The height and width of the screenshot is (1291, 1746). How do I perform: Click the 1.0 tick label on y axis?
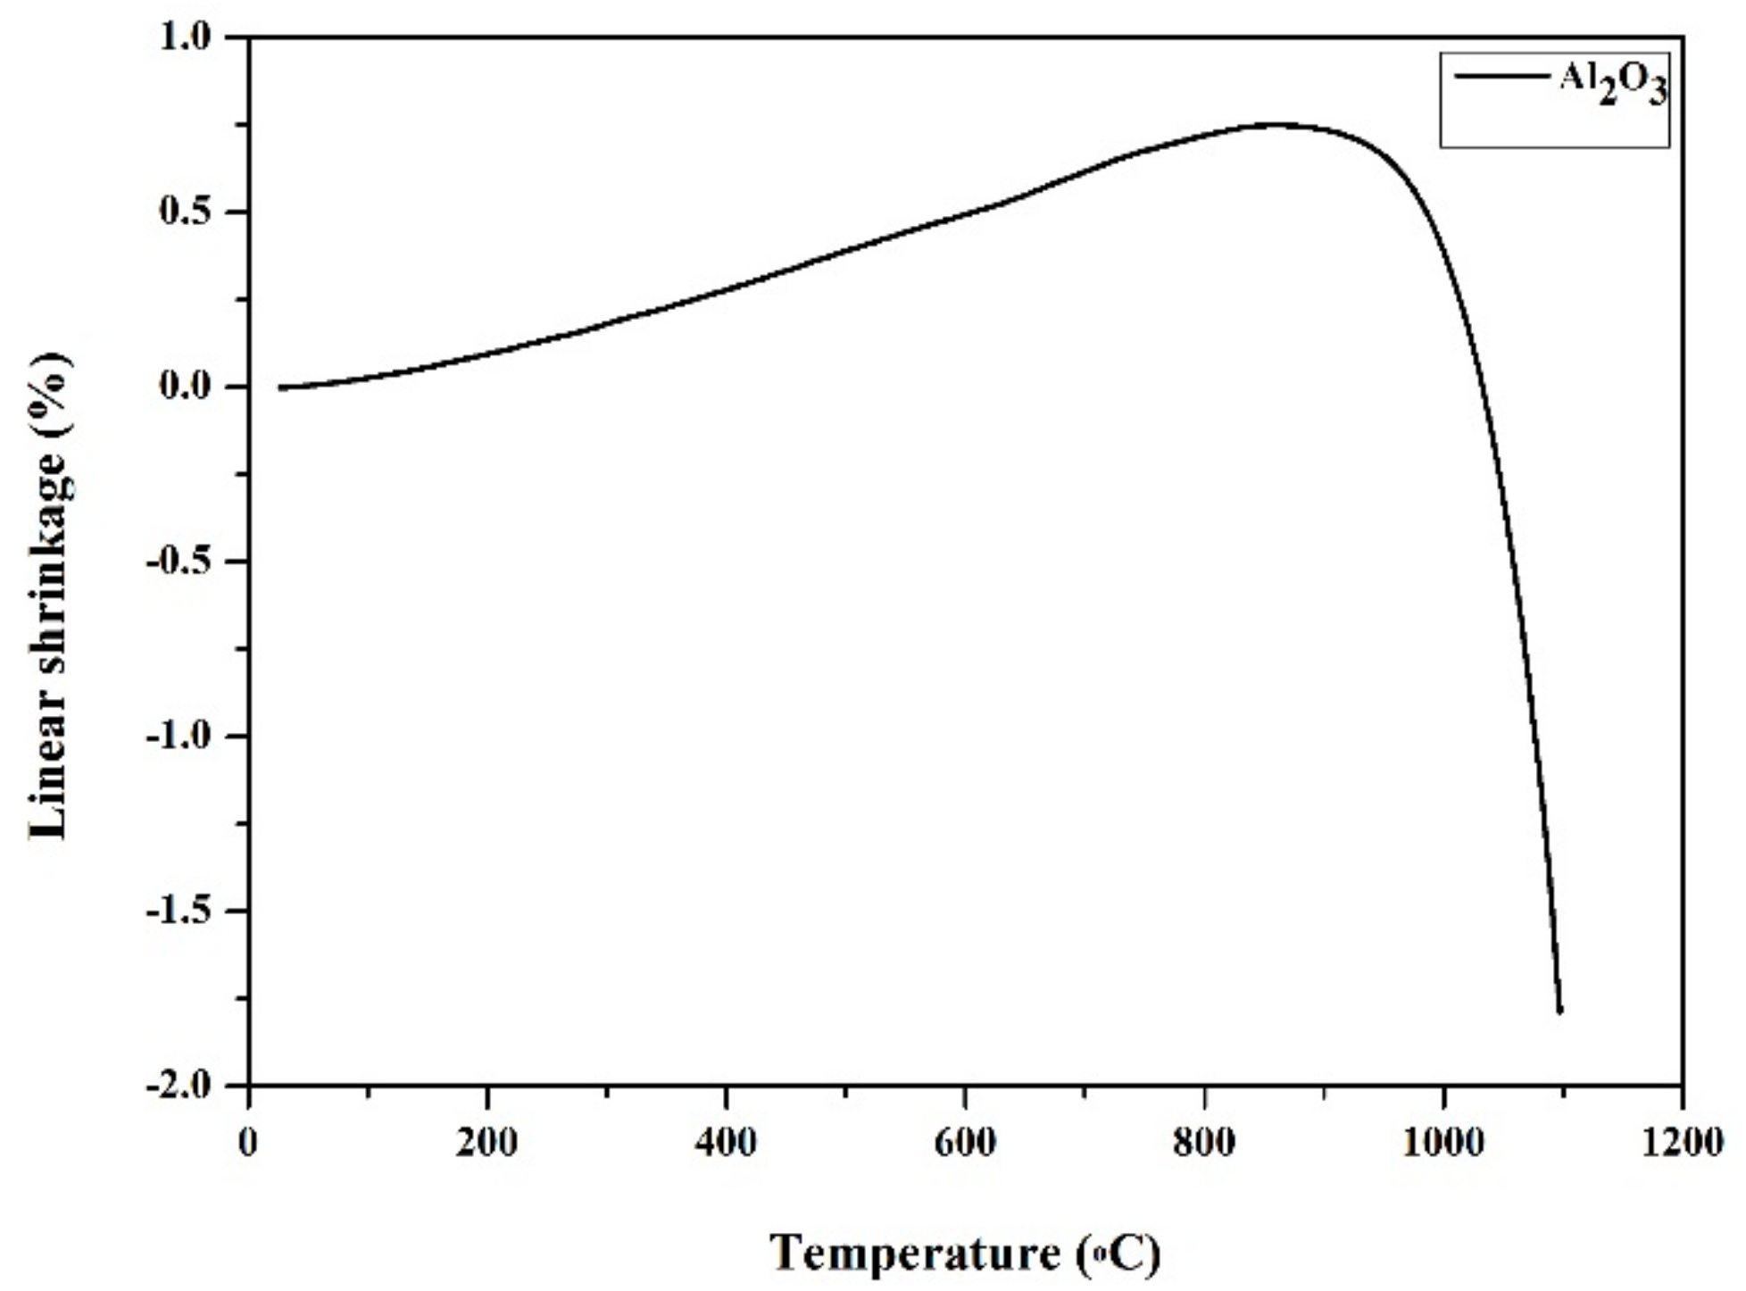186,38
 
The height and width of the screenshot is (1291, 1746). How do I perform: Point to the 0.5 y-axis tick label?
186,213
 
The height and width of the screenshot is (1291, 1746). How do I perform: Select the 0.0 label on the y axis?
186,387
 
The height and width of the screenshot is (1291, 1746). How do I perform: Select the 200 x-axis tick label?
486,1144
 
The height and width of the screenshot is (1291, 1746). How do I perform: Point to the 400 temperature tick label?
726,1144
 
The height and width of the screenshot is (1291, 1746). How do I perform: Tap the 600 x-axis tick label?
965,1144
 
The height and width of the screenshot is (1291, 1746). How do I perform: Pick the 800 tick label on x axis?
1204,1144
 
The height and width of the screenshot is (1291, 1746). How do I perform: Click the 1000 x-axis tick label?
1443,1144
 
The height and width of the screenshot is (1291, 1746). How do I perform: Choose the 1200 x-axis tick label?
1682,1144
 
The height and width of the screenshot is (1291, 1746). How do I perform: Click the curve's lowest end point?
1559,1012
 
